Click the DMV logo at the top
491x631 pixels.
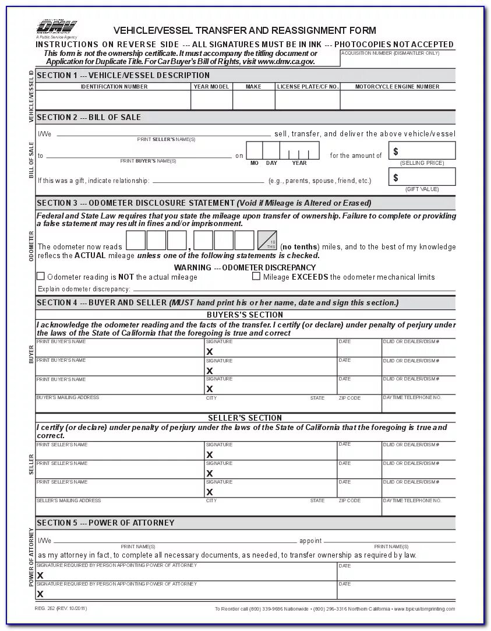pyautogui.click(x=56, y=26)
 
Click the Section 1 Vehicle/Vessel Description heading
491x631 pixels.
pyautogui.click(x=123, y=75)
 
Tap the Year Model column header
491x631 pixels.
pyautogui.click(x=211, y=86)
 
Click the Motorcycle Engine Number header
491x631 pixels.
pyautogui.click(x=398, y=86)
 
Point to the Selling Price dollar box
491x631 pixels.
pyautogui.click(x=422, y=151)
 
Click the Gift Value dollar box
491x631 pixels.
pyautogui.click(x=422, y=177)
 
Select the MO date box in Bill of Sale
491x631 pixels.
pyautogui.click(x=254, y=151)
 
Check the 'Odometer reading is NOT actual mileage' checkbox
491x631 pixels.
pyautogui.click(x=41, y=276)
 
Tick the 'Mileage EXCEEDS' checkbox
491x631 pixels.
pyautogui.click(x=256, y=276)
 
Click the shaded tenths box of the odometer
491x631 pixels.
pyautogui.click(x=267, y=240)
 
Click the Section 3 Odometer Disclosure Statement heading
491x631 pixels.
pyautogui.click(x=203, y=203)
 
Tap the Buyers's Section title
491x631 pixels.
pyautogui.click(x=245, y=315)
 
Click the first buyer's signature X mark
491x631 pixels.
pyautogui.click(x=210, y=352)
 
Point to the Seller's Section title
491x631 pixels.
pyautogui.click(x=245, y=418)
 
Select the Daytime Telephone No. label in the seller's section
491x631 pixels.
pyautogui.click(x=412, y=500)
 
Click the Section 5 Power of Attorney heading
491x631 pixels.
pyautogui.click(x=105, y=523)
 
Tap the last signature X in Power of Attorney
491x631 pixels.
pyautogui.click(x=40, y=594)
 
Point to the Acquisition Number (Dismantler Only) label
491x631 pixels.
pyautogui.click(x=390, y=53)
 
